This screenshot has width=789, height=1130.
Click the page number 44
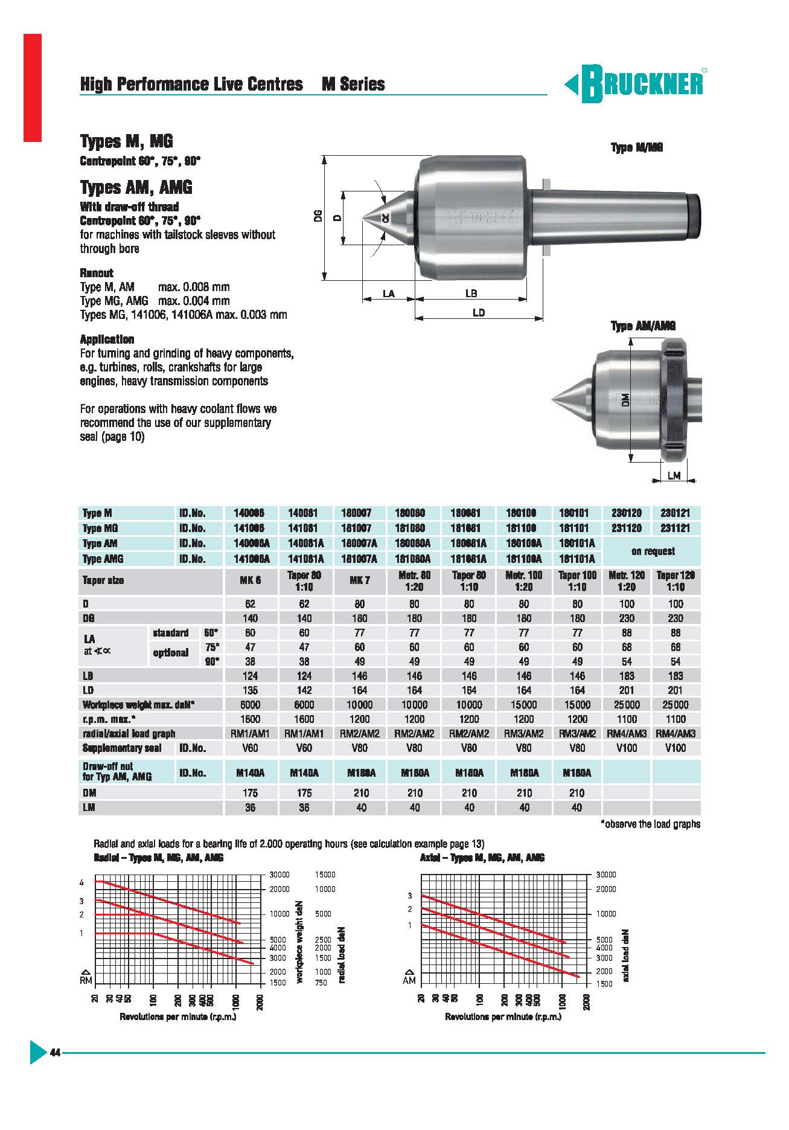[x=55, y=1053]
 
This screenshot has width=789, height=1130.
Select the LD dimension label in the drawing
[x=478, y=313]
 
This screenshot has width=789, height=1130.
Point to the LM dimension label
[x=674, y=476]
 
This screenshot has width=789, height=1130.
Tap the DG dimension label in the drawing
[x=318, y=217]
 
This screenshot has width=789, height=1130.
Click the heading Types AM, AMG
[x=136, y=187]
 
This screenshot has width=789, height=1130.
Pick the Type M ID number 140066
[x=250, y=513]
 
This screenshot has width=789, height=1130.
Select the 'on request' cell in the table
[x=653, y=551]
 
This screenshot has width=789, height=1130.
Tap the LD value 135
[x=250, y=690]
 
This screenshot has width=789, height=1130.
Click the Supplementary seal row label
[x=122, y=748]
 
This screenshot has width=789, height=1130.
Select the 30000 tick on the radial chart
[x=280, y=875]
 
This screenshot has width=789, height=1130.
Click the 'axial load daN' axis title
[x=625, y=954]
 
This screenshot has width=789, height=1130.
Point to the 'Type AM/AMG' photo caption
[x=643, y=326]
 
